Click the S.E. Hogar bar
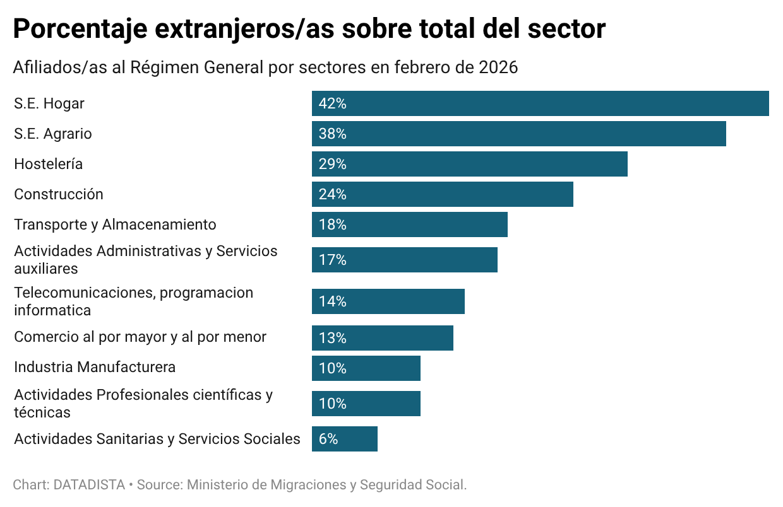click(540, 103)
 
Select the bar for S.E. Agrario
click(518, 134)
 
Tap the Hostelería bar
click(469, 164)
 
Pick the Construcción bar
click(442, 194)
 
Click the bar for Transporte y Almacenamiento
click(409, 224)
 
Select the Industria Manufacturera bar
click(366, 368)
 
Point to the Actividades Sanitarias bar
click(344, 439)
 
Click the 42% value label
click(333, 103)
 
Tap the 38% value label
click(333, 134)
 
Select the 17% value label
click(333, 260)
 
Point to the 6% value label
click(328, 439)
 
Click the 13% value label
click(333, 338)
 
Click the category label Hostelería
click(49, 164)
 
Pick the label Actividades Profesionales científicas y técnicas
click(143, 404)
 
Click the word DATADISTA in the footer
click(89, 485)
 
